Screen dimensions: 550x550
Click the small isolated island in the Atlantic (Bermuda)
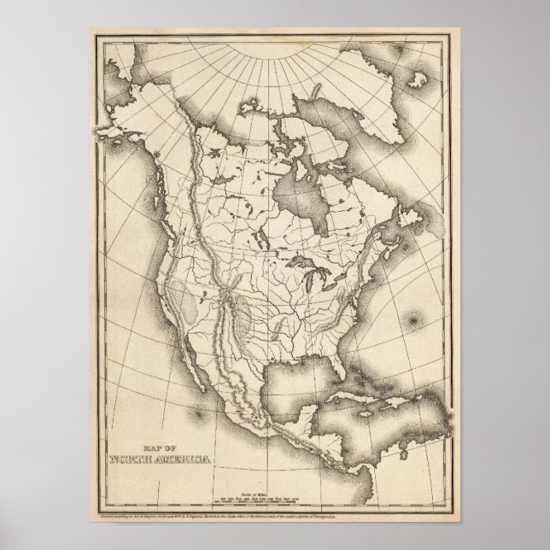pyautogui.click(x=417, y=320)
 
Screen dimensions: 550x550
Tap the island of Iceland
pyautogui.click(x=419, y=78)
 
